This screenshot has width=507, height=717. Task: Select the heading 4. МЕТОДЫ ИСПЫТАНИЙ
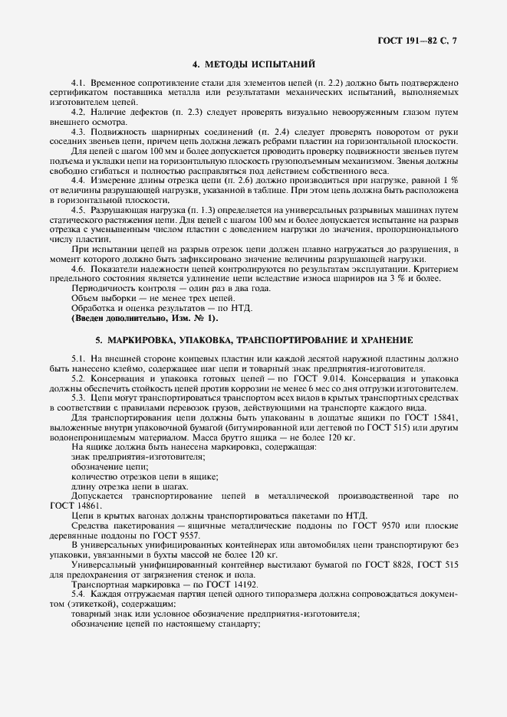254,65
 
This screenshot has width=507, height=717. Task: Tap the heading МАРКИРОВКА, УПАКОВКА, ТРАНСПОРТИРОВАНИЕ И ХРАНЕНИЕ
254,339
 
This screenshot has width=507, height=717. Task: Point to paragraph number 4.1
77,82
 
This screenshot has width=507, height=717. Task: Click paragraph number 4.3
77,132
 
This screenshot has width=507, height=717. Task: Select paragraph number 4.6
77,269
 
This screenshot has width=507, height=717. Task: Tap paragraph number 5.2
77,378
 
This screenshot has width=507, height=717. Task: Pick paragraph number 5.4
77,594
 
